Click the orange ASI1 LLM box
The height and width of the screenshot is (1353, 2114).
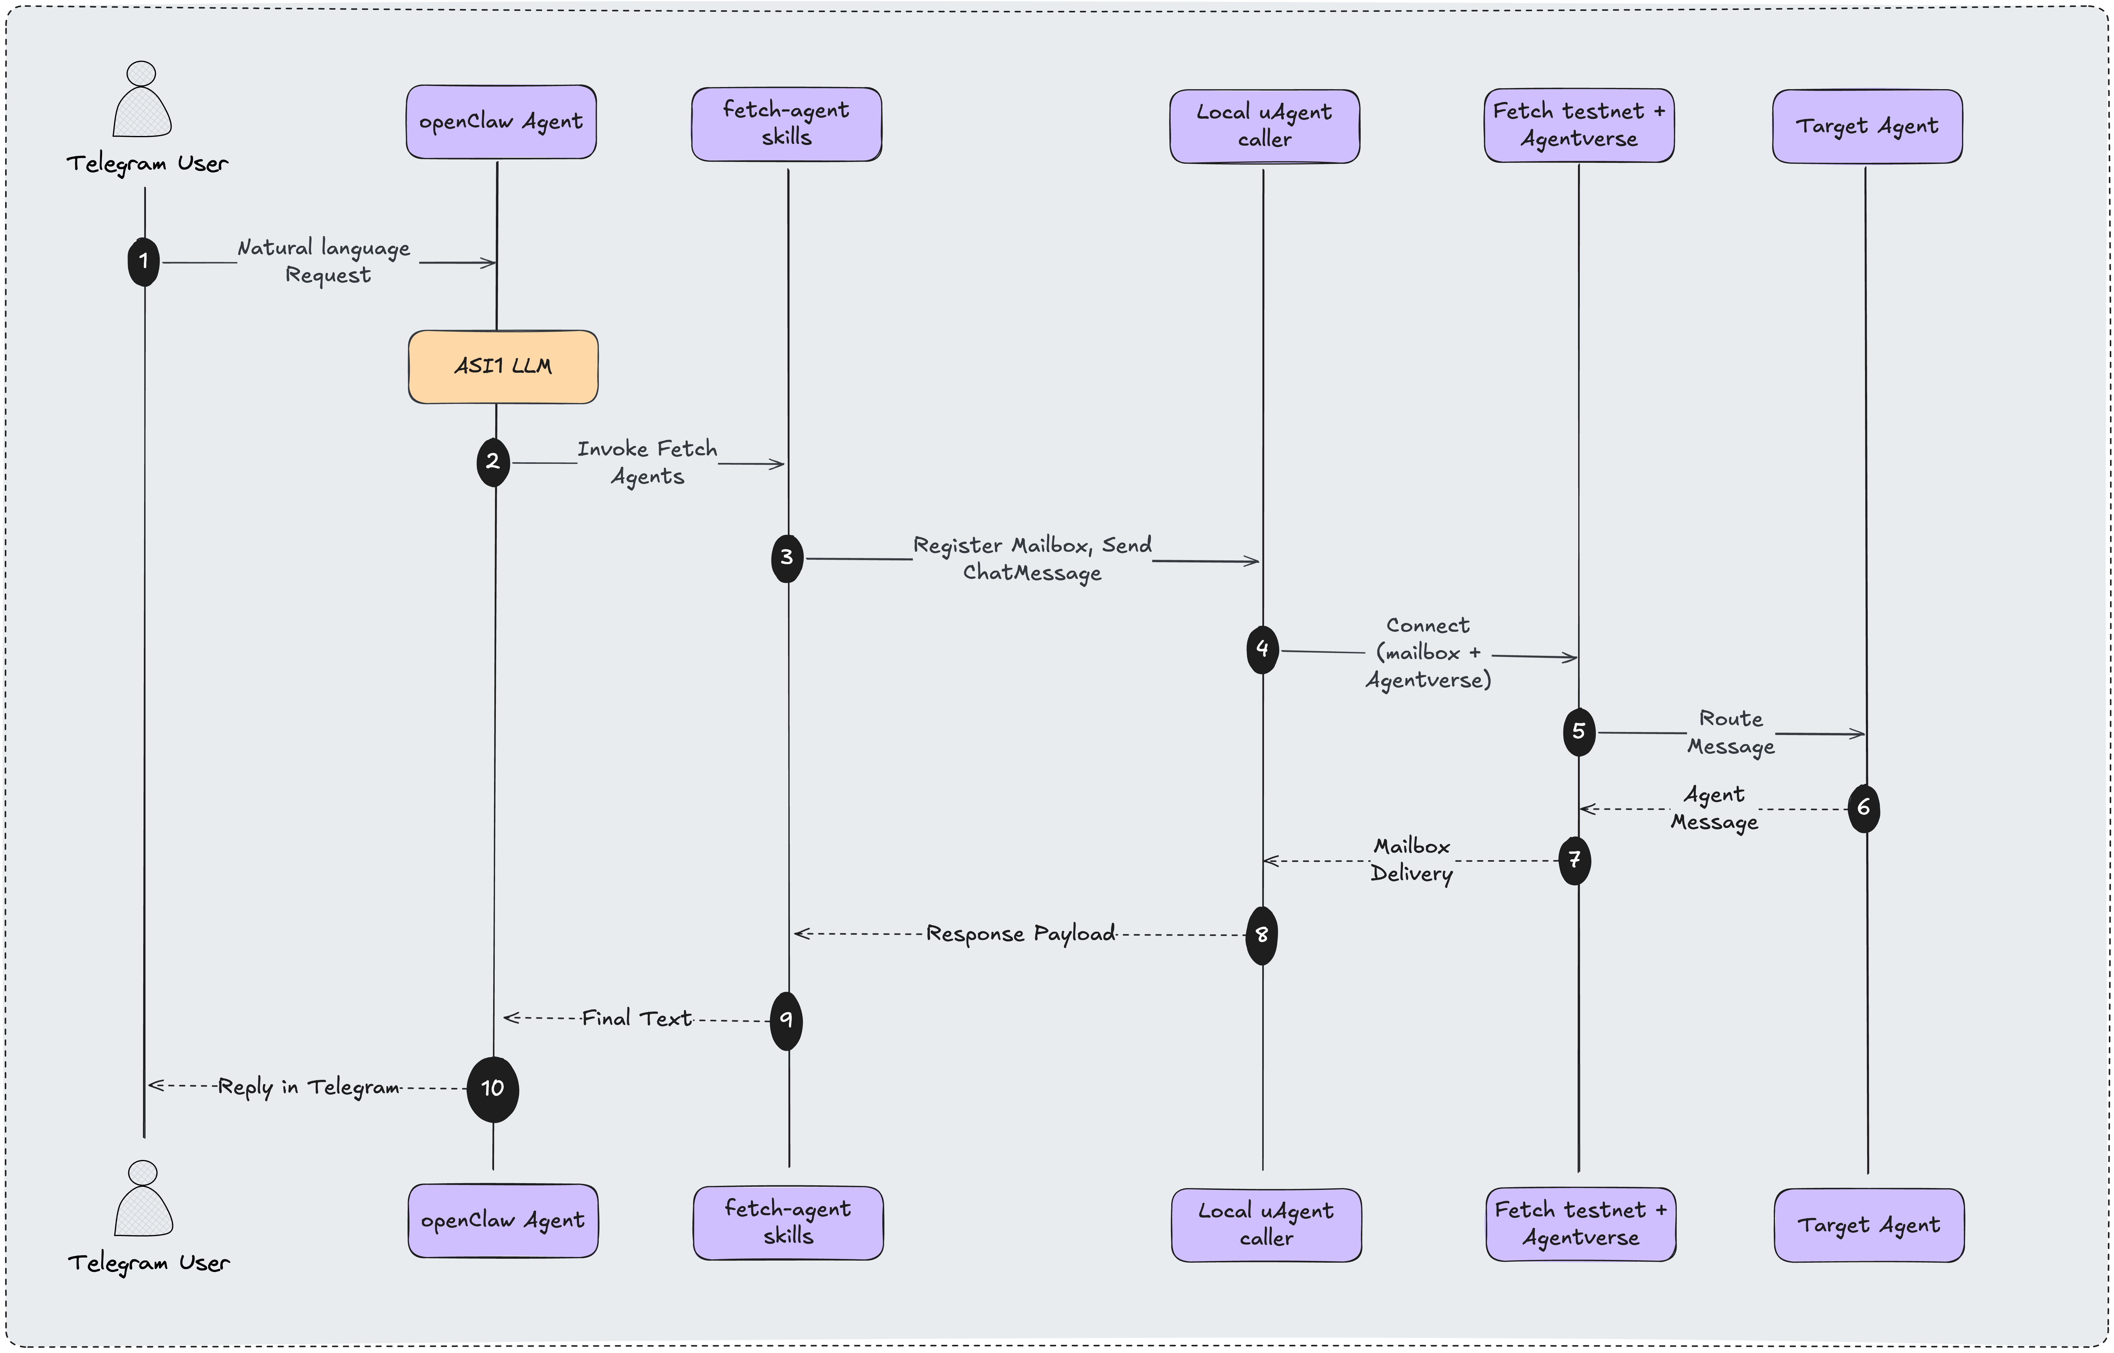[503, 367]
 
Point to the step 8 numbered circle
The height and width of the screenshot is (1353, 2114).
[1262, 935]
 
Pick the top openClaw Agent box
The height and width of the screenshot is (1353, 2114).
[501, 122]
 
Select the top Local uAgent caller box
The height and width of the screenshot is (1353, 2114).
[1264, 126]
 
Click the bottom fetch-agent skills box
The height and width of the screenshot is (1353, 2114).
[788, 1223]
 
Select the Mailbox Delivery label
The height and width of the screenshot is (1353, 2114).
[1411, 860]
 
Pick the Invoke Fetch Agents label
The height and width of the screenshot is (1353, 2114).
[648, 462]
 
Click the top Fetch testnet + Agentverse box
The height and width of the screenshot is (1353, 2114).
[1579, 125]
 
